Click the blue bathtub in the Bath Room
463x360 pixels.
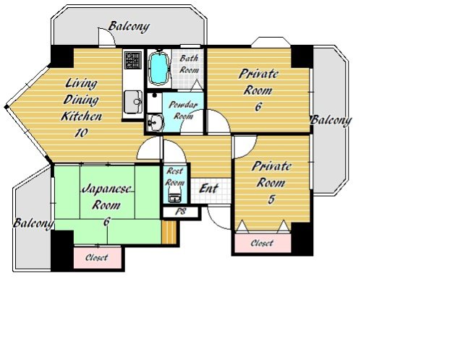(x=159, y=68)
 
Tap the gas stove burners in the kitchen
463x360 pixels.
(x=133, y=60)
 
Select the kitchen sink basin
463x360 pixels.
(x=133, y=102)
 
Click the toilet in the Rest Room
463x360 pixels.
(x=174, y=197)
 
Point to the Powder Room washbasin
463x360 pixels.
(x=155, y=122)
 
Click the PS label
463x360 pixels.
(x=180, y=211)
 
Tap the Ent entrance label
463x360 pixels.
(x=208, y=188)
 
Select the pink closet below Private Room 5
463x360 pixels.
(x=263, y=243)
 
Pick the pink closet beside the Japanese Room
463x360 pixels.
(x=98, y=257)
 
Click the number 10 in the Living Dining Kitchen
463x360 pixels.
(x=81, y=132)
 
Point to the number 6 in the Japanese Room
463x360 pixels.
(x=106, y=221)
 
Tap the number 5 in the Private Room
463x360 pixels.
(x=271, y=200)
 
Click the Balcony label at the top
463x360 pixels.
(x=129, y=26)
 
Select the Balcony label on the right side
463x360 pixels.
(x=331, y=121)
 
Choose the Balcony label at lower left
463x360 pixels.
(x=33, y=223)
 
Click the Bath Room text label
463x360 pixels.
(x=189, y=64)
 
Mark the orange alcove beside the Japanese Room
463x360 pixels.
(x=169, y=232)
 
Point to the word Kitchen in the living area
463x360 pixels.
(x=82, y=116)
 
